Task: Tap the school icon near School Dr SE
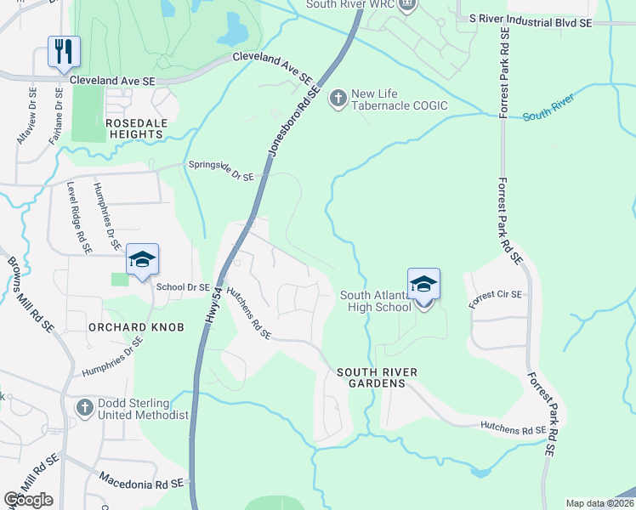point(142,260)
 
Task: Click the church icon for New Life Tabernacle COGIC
point(338,99)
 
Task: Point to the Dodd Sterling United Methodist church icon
point(84,408)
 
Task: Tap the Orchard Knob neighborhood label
point(135,327)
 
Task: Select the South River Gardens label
point(371,377)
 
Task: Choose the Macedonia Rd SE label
point(141,483)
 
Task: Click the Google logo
point(28,500)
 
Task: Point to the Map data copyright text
point(599,503)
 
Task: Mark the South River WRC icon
point(407,5)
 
